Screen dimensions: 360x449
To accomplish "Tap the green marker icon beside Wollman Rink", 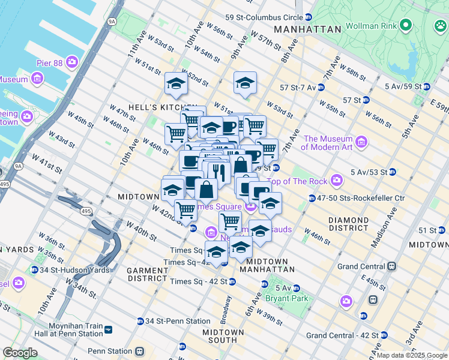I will coord(406,25).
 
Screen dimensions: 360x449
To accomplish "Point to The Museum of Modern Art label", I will coord(329,142).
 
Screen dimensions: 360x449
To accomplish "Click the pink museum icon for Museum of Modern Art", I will coord(361,142).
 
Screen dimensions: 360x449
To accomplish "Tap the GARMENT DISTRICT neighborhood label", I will coord(147,274).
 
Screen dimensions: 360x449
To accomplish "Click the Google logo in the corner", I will coord(20,352).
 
